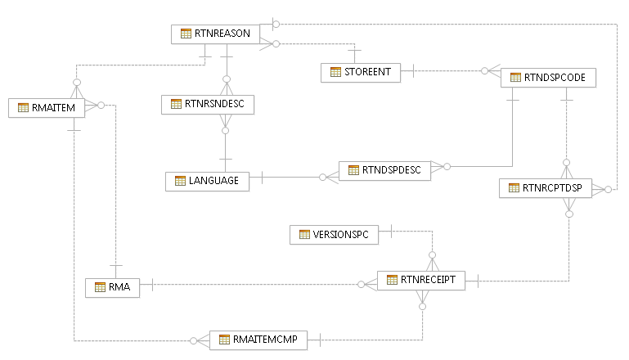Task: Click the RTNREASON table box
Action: [x=216, y=34]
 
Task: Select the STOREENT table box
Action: [x=361, y=72]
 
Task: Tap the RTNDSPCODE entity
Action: [x=542, y=77]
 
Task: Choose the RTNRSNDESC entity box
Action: [x=209, y=104]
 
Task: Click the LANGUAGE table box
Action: [x=207, y=181]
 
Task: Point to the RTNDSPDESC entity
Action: [x=384, y=170]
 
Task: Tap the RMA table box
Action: [x=113, y=286]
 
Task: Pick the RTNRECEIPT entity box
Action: [x=421, y=280]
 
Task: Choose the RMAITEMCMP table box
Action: [x=258, y=340]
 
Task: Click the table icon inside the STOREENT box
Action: [x=335, y=72]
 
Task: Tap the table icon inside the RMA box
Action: [x=100, y=287]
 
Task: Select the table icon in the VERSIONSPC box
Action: [x=304, y=235]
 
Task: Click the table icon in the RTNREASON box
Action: [x=186, y=34]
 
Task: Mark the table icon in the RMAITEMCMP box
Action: [x=224, y=340]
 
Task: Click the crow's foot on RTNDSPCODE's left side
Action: [x=492, y=73]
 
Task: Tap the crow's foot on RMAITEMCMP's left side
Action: [x=201, y=340]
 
